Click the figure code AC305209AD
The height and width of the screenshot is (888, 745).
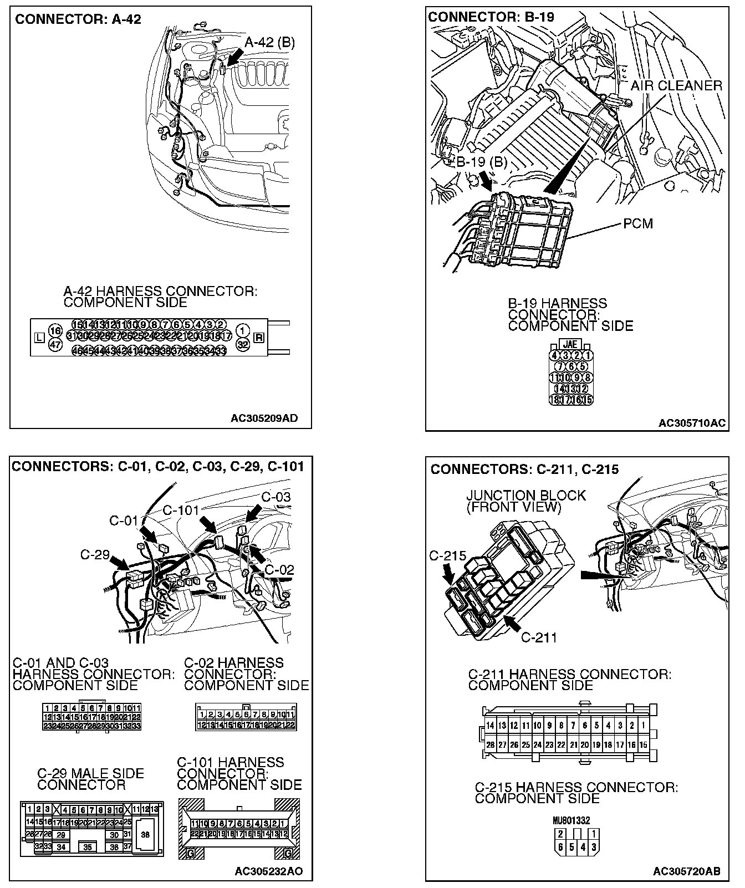coord(264,419)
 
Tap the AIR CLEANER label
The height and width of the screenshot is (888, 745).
coord(676,86)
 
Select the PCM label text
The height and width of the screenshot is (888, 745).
coord(638,223)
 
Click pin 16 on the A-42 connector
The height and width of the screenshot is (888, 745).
coord(55,331)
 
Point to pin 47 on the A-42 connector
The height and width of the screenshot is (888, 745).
coord(55,344)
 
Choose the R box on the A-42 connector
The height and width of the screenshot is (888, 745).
coord(258,337)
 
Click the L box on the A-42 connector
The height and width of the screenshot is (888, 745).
coord(39,337)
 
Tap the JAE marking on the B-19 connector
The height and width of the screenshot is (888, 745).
coord(570,345)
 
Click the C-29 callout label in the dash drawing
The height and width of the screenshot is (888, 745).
coord(95,554)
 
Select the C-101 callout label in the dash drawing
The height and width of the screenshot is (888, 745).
coord(181,510)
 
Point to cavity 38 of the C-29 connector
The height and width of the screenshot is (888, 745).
coord(145,835)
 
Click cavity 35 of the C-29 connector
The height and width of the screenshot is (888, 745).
coord(88,847)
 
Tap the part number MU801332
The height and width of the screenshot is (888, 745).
coord(571,820)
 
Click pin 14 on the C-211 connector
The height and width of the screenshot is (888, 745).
coord(490,726)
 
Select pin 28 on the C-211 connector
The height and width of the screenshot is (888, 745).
coord(490,746)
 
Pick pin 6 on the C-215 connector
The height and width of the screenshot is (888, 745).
coord(560,847)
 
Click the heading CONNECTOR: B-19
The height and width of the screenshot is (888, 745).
coord(491,17)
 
